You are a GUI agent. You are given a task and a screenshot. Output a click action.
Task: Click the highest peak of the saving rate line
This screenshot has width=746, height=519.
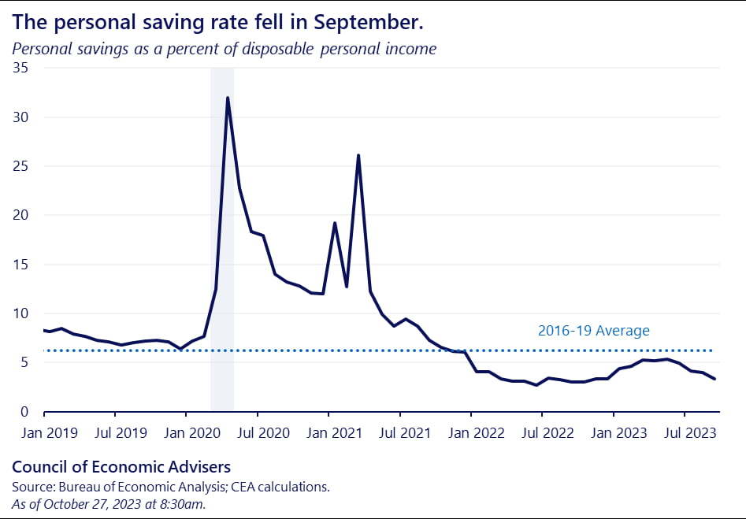pos(228,98)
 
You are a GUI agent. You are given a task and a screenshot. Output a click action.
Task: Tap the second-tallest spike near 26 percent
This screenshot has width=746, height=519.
pos(358,155)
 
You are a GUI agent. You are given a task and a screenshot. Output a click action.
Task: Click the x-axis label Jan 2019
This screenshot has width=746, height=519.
pos(44,432)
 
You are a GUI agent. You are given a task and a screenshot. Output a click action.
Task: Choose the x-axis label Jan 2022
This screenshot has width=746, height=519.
pos(471,432)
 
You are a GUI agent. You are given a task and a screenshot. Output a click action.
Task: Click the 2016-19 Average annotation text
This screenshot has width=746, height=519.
pos(593,331)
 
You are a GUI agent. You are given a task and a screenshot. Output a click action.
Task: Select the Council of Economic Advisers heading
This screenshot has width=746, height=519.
pos(121,466)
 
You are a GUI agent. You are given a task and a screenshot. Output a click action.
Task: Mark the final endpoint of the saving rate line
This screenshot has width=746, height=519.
pos(715,380)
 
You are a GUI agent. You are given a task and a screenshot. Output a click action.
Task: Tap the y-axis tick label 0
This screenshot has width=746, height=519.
pos(25,412)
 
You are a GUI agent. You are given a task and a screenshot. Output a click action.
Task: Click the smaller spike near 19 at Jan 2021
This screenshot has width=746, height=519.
pos(335,223)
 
